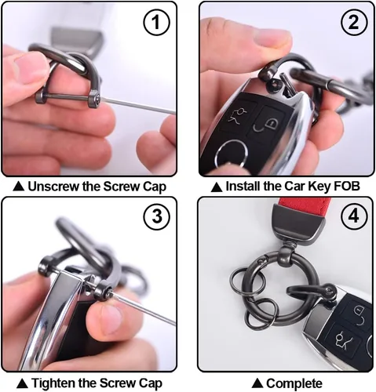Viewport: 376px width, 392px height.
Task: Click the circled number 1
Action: click(x=156, y=23)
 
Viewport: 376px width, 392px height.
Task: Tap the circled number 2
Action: click(x=354, y=23)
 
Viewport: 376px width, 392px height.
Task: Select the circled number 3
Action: click(x=156, y=216)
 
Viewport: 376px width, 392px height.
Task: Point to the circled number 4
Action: click(x=354, y=216)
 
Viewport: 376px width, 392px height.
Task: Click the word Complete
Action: click(x=294, y=383)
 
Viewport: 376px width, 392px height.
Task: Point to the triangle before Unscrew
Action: click(x=19, y=187)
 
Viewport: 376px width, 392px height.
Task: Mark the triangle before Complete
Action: click(x=257, y=383)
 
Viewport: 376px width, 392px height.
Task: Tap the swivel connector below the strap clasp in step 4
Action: click(x=286, y=252)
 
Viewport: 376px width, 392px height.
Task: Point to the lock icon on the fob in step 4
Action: click(x=359, y=314)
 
